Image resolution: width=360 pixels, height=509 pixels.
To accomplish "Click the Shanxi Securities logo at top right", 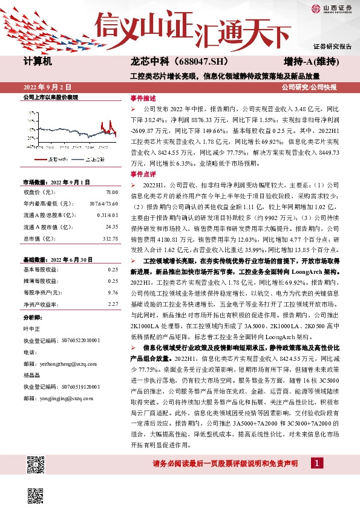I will tap(332, 8).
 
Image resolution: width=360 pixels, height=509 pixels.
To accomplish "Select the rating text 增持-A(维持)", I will tap(310, 62).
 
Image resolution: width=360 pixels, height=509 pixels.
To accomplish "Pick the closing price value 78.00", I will tap(112, 192).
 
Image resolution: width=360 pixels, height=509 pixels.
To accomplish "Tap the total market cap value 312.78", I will tap(110, 238).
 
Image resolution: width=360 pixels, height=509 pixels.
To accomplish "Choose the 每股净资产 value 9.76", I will tap(113, 292).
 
